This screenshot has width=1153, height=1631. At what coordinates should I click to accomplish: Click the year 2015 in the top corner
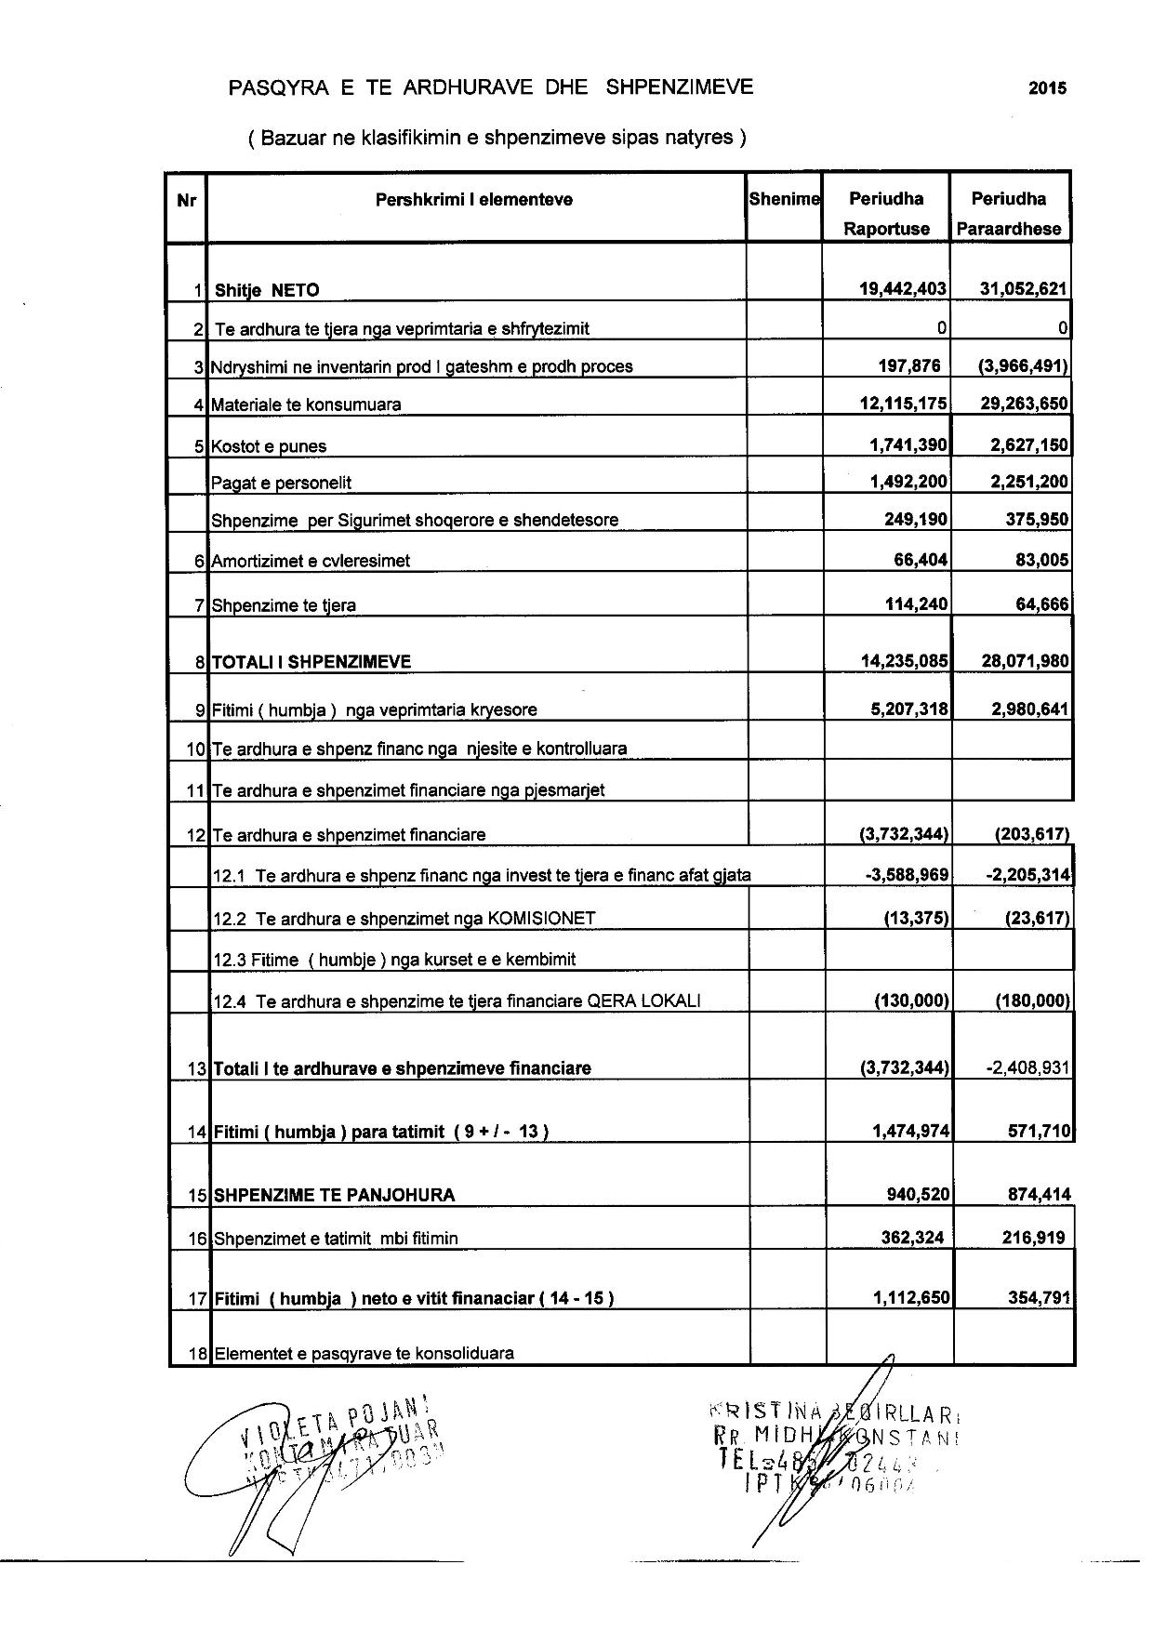pos(1047,89)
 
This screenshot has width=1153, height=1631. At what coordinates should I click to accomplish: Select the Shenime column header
pos(784,199)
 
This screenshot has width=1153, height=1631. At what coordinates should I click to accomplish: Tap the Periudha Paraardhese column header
pos(1009,213)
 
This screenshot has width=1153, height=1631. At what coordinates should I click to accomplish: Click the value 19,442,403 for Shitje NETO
pos(903,289)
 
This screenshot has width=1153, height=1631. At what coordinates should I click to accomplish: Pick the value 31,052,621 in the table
pos(1024,289)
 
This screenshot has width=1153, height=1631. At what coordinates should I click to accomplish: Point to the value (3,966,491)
pos(1022,365)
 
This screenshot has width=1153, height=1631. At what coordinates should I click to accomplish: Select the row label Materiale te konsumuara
pos(306,404)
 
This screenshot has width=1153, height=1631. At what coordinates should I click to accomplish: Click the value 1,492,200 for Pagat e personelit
pos(908,482)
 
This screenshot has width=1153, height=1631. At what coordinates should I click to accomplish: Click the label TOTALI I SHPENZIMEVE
pos(312,662)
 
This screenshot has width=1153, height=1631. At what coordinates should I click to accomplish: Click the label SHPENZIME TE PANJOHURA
pos(335,1195)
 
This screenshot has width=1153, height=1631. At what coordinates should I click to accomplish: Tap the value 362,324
pos(914,1238)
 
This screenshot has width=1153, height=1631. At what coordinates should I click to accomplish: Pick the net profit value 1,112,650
pos(910,1297)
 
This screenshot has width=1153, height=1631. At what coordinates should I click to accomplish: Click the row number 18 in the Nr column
pos(196,1354)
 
